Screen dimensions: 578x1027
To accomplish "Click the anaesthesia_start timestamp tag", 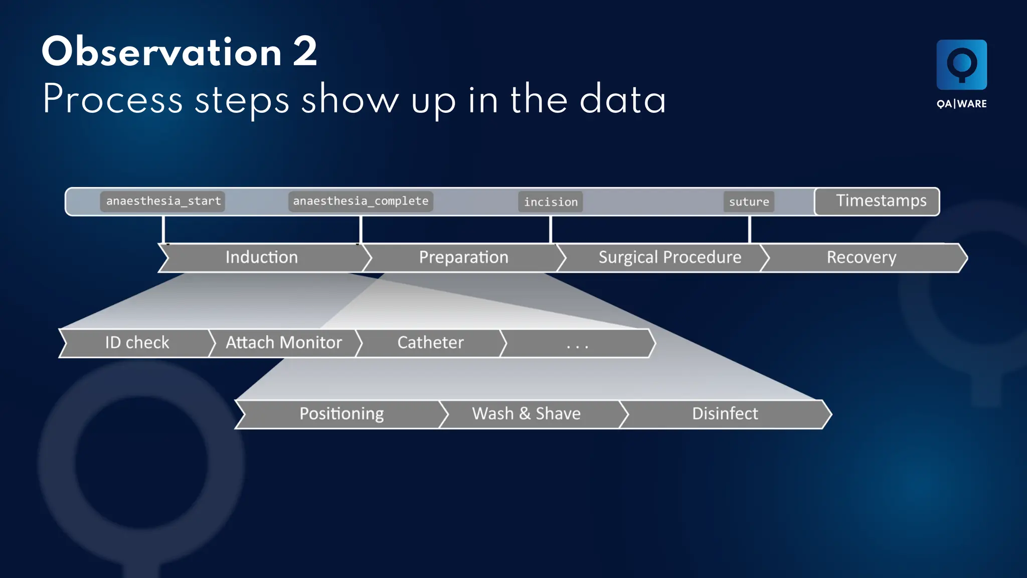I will [x=162, y=201].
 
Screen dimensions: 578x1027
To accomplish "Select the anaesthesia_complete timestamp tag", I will [x=361, y=201].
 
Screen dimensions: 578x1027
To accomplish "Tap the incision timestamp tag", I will [x=551, y=202].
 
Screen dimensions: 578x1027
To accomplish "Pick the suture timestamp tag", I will [x=749, y=202].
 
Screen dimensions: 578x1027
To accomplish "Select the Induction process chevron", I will [x=262, y=257].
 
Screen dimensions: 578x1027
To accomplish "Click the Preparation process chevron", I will [x=463, y=257].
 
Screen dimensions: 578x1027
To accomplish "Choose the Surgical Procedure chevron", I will [x=669, y=257].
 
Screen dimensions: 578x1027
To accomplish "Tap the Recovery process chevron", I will [x=861, y=257].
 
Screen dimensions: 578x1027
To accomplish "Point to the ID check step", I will [x=136, y=343].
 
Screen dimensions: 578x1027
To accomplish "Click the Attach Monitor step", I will [x=283, y=343].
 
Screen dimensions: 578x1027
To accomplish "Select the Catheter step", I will [x=430, y=343].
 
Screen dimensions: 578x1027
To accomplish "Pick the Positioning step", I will [x=341, y=414].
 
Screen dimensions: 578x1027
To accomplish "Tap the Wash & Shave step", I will [x=526, y=414].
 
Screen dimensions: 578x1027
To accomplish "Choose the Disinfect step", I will [x=725, y=414].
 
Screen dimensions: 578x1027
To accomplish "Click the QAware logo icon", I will [x=961, y=65].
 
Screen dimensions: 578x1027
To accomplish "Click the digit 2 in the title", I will [x=305, y=52].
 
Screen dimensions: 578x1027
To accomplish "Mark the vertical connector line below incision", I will [x=551, y=230].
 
